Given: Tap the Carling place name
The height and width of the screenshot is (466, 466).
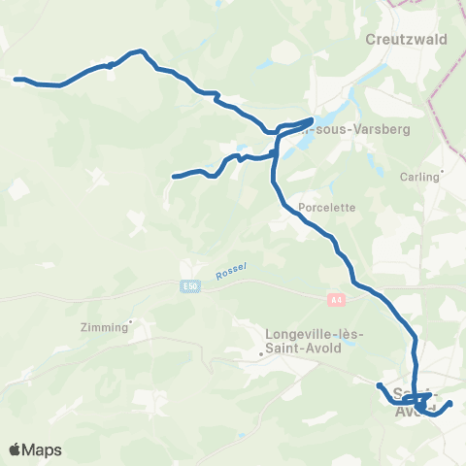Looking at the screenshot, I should click(x=419, y=178).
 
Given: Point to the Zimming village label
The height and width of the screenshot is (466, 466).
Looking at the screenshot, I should click(x=107, y=328).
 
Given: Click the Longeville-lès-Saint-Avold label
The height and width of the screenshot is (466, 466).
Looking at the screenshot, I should click(x=314, y=335).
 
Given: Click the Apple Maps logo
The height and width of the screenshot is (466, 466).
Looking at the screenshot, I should click(x=37, y=450).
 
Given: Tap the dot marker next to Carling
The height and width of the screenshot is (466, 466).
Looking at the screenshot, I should click(x=442, y=177).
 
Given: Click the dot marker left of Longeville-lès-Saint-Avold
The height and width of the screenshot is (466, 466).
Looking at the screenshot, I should click(x=261, y=354).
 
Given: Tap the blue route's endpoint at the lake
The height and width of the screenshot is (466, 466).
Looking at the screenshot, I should click(x=310, y=120).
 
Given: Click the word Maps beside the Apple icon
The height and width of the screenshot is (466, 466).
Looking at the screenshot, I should click(x=44, y=450).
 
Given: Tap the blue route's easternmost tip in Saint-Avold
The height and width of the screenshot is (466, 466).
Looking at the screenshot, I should click(x=449, y=403).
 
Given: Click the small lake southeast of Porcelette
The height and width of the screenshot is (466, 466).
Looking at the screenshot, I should click(x=343, y=250).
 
